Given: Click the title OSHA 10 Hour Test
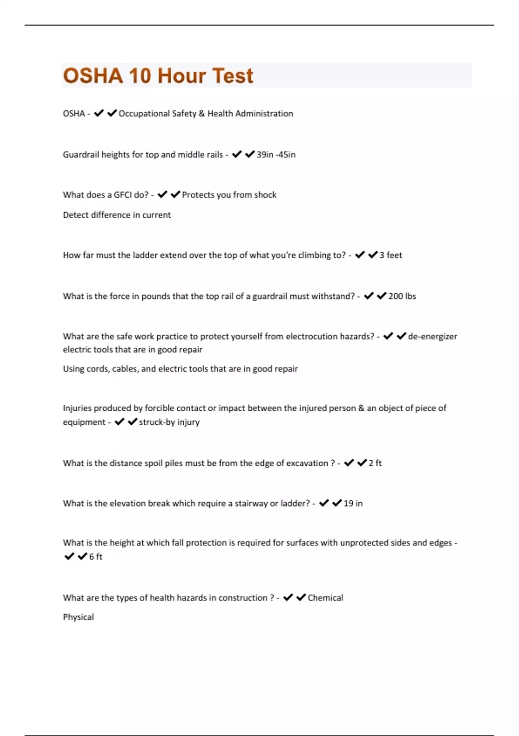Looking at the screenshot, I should click(158, 76).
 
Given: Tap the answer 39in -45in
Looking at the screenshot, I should click(276, 155).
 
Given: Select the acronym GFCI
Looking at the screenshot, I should click(122, 195).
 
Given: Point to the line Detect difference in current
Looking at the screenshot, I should click(117, 215).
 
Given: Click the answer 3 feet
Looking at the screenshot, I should click(391, 255).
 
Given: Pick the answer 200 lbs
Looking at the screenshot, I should click(402, 296).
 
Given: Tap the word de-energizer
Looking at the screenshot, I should click(432, 336).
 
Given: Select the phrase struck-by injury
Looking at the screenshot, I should click(169, 422).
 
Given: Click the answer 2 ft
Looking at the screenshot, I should click(375, 463).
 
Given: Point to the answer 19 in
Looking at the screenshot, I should click(353, 504).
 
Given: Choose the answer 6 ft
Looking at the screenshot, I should click(96, 557).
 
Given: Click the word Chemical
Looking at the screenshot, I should click(325, 598).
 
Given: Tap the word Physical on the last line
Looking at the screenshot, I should click(78, 617).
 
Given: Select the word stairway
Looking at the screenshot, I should click(251, 504).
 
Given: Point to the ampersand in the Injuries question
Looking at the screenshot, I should click(361, 408).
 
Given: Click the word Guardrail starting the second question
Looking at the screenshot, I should click(80, 155).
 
